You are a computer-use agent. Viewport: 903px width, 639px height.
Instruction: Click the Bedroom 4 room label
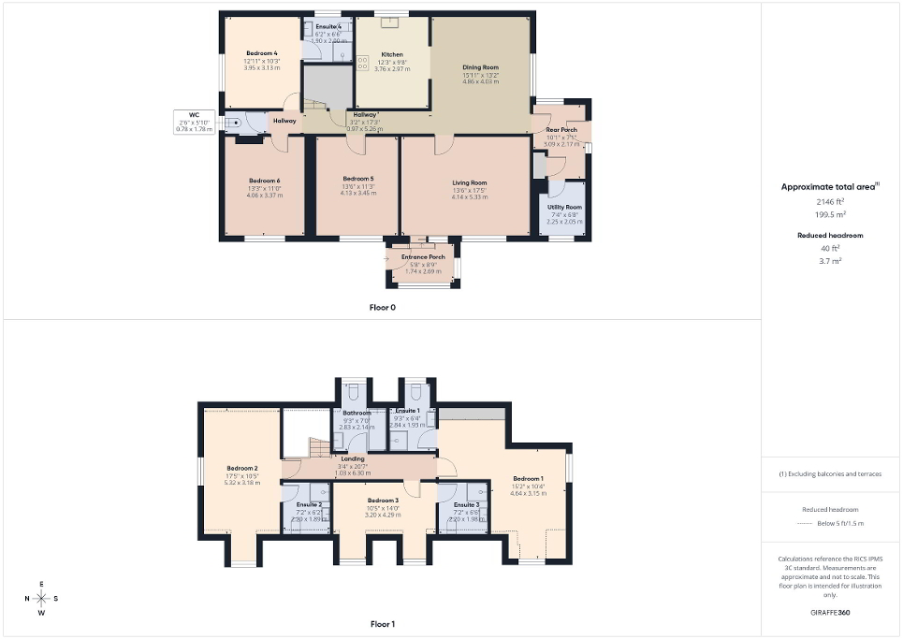click(x=262, y=53)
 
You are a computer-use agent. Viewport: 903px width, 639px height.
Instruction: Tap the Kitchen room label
click(x=391, y=54)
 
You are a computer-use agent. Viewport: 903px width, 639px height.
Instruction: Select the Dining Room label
click(x=481, y=67)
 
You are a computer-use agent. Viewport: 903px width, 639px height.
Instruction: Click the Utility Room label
click(x=564, y=207)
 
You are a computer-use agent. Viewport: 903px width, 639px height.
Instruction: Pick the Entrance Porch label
click(x=423, y=257)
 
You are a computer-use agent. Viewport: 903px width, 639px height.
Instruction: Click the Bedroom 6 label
click(x=264, y=181)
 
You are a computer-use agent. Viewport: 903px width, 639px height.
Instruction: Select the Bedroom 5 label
click(x=358, y=179)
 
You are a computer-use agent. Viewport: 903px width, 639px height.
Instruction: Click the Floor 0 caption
click(x=382, y=307)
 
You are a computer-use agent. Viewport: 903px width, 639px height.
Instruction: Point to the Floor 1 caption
click(x=383, y=623)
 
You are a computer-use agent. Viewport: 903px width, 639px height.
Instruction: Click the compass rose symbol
click(x=41, y=599)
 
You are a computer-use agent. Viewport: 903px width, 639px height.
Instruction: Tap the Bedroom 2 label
click(x=241, y=468)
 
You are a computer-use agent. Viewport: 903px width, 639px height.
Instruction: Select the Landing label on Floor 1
click(x=353, y=458)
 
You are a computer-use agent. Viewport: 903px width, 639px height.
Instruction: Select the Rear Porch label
click(x=562, y=130)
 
